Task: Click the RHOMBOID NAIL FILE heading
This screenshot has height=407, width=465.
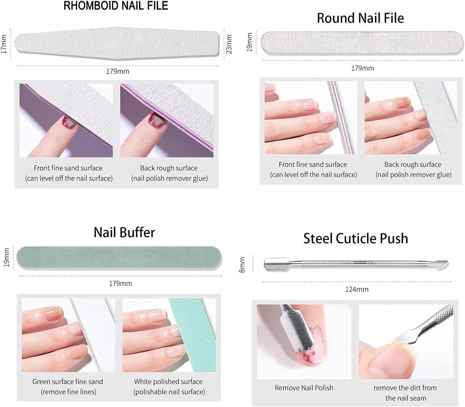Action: [116, 6]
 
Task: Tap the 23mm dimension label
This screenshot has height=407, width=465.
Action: [229, 44]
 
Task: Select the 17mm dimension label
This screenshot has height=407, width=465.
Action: [4, 44]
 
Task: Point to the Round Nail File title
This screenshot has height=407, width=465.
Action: [360, 18]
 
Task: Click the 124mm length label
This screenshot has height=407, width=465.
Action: [357, 289]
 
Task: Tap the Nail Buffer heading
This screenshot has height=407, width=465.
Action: [124, 232]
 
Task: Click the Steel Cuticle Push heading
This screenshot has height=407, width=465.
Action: [356, 238]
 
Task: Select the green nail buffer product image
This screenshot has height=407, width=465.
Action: [119, 258]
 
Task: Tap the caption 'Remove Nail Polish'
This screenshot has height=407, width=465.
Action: [304, 388]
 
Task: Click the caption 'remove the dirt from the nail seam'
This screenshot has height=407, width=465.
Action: [405, 393]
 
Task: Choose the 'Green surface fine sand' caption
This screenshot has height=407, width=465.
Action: [68, 382]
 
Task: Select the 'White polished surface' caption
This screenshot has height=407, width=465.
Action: [168, 382]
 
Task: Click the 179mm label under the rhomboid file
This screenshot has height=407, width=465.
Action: [118, 71]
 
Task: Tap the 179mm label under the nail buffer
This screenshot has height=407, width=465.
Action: [120, 283]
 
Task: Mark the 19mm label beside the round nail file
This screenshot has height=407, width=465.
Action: [249, 42]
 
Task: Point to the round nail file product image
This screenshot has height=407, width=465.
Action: [362, 43]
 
